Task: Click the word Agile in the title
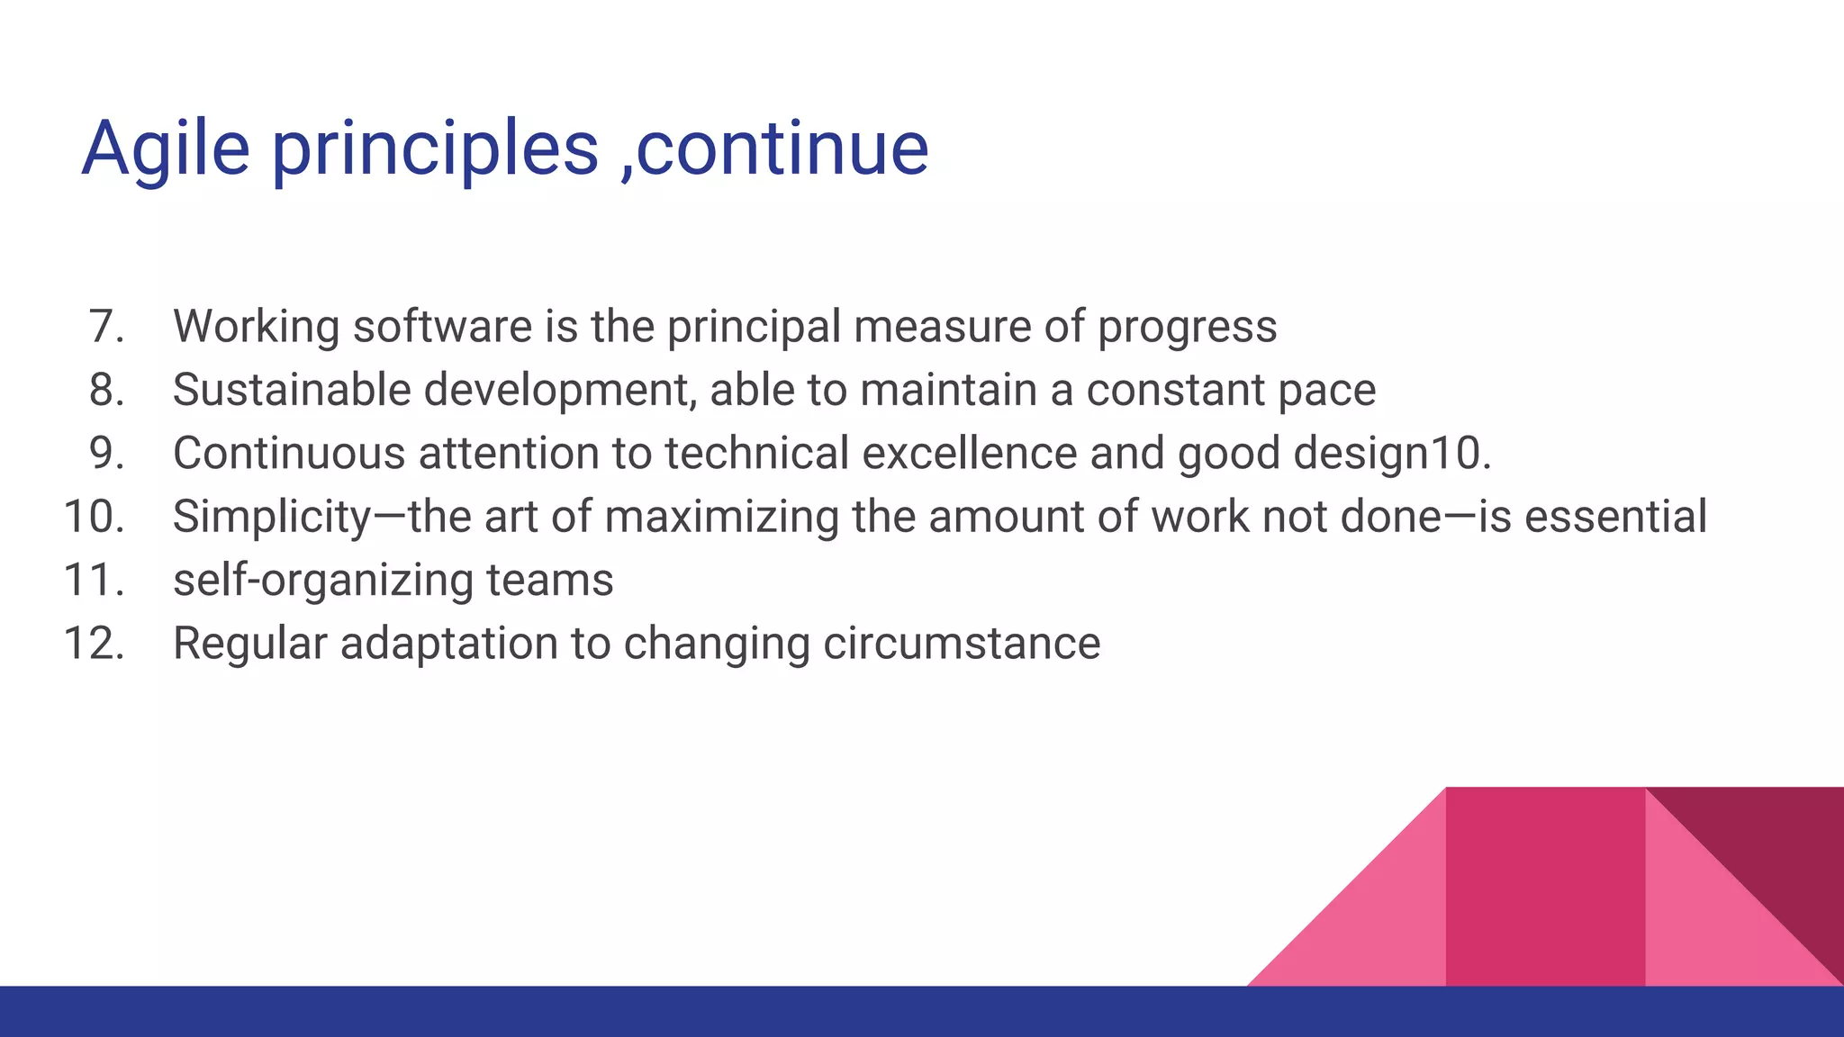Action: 166,149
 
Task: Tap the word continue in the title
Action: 782,149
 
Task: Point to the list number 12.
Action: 94,644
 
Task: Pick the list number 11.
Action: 94,580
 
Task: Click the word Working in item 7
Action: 256,327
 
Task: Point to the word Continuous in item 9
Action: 289,453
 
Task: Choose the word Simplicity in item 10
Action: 272,518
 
